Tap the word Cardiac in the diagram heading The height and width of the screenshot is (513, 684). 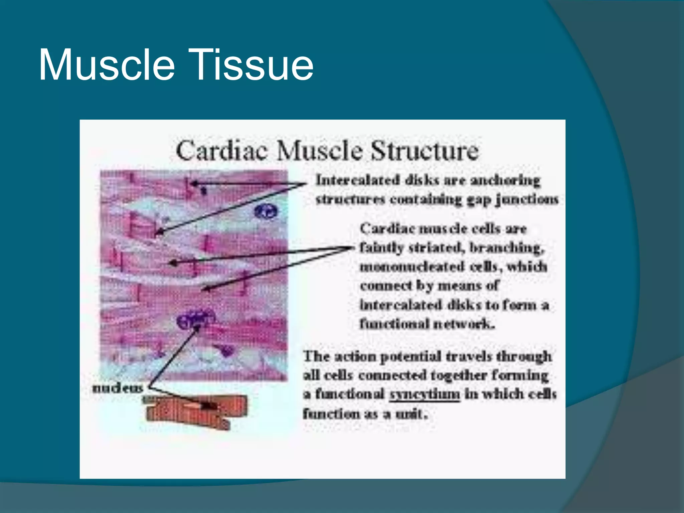pyautogui.click(x=222, y=151)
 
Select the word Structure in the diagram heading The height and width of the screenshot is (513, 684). pyautogui.click(x=425, y=151)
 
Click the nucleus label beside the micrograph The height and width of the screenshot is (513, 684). pyautogui.click(x=118, y=388)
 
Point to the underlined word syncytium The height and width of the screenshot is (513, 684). pyautogui.click(x=425, y=394)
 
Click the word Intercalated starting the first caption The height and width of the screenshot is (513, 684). pyautogui.click(x=358, y=180)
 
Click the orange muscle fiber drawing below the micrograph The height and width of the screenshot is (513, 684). pyautogui.click(x=197, y=411)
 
